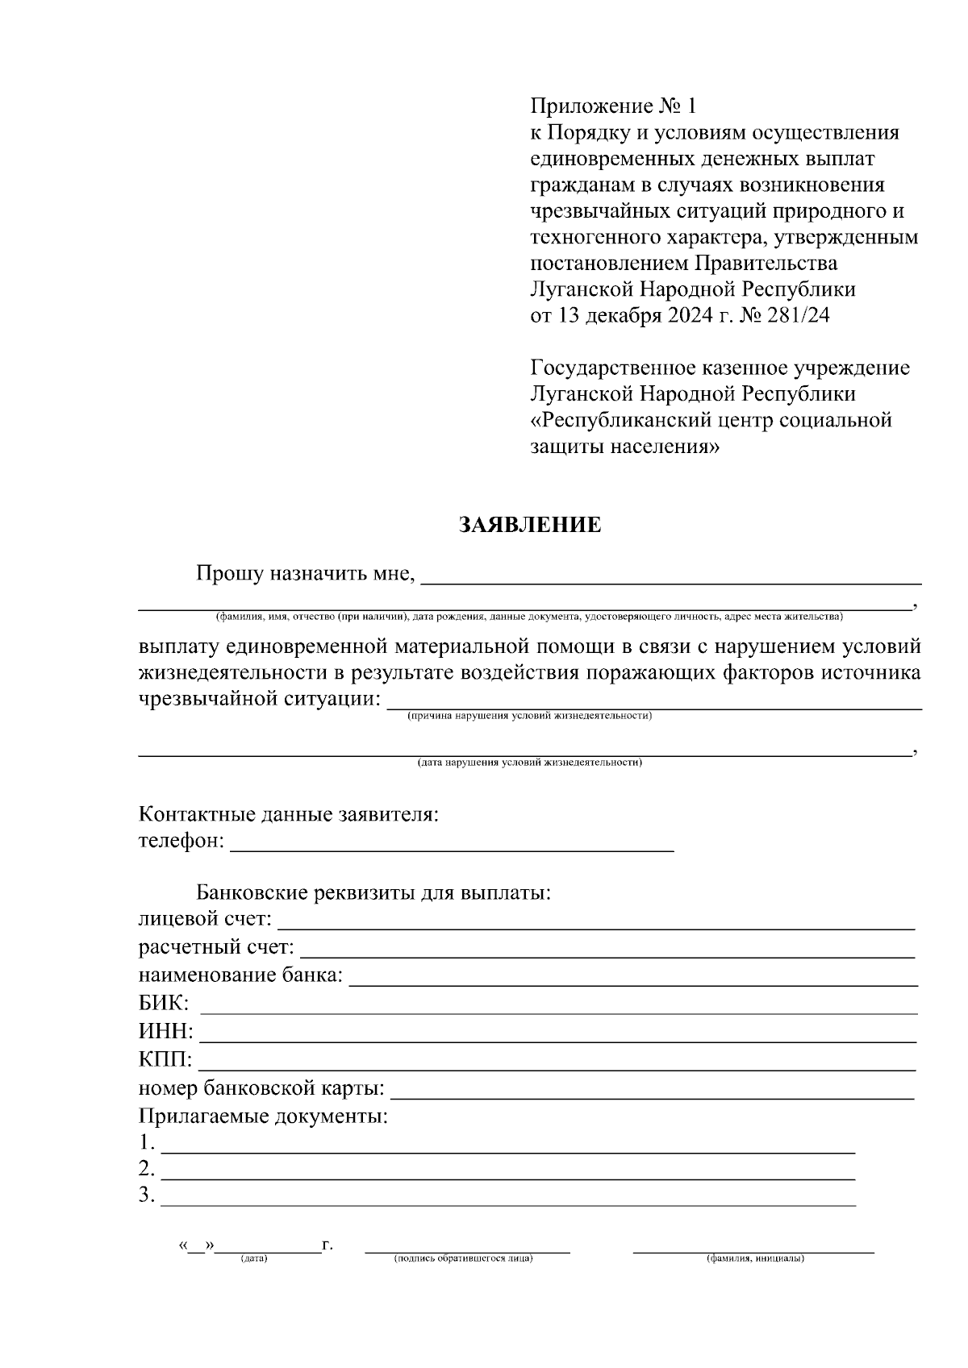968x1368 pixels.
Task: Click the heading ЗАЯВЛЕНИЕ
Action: click(530, 526)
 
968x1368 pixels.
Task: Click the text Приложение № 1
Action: click(612, 106)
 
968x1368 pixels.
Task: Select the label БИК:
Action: click(165, 1004)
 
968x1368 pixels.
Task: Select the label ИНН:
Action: click(166, 1032)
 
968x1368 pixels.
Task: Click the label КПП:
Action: click(165, 1060)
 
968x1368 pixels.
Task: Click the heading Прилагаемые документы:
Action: click(264, 1117)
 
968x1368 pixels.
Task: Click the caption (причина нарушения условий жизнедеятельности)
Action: click(530, 716)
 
